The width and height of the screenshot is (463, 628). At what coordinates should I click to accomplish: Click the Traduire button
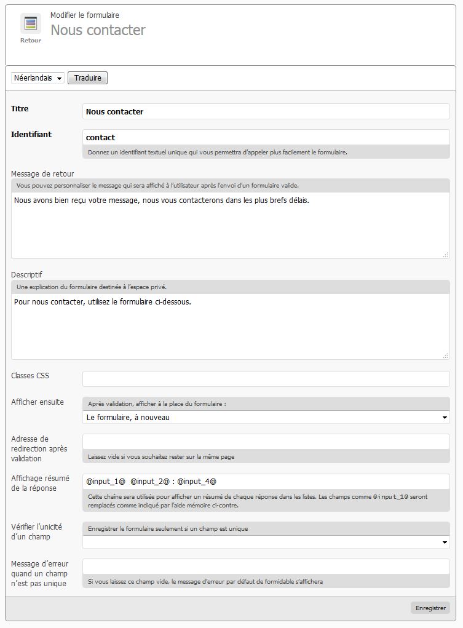[87, 78]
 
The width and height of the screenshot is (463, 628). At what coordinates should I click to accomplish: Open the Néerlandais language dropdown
[38, 78]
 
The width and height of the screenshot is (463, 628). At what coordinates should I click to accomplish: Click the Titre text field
[266, 111]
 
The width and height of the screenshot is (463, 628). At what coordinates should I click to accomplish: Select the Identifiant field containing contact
[266, 137]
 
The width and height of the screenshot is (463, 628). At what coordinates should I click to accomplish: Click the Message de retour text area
[230, 225]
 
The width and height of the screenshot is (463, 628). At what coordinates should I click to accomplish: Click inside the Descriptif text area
[230, 326]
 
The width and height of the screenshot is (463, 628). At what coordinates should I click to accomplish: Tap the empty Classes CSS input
[266, 379]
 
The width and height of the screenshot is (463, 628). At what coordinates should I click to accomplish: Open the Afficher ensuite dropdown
[266, 417]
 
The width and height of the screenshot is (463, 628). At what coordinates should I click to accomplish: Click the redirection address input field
[266, 442]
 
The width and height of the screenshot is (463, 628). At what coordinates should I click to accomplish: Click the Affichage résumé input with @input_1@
[266, 481]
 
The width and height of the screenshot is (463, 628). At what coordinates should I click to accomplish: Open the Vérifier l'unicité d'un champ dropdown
[266, 542]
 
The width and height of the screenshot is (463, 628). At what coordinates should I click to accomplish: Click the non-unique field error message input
[266, 566]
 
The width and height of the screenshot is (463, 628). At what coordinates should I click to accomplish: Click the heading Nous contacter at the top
[98, 30]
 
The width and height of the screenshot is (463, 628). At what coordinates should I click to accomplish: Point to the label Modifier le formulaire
[85, 15]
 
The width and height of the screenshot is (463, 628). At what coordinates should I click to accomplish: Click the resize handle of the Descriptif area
[446, 356]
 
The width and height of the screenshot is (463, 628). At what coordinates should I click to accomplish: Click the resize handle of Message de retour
[446, 255]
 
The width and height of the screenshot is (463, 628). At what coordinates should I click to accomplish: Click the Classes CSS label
[30, 375]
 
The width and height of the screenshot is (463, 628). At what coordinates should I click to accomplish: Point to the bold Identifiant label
[31, 134]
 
